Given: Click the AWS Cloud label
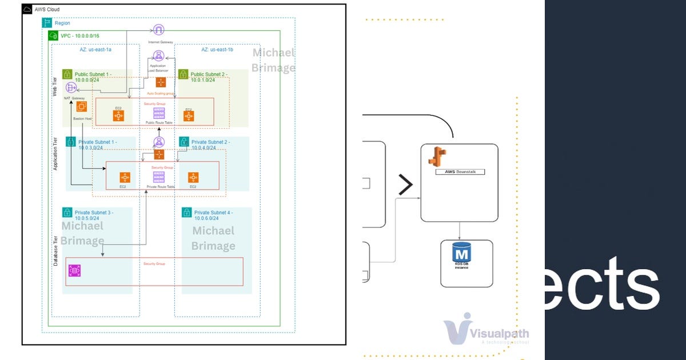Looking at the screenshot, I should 47,10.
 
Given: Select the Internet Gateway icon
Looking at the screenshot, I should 159,30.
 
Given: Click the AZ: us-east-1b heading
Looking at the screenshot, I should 217,50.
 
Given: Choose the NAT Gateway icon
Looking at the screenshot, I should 71,87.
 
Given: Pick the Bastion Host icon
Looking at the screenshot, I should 82,106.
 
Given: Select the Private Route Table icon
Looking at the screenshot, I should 159,178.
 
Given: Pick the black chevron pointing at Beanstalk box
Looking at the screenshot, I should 405,185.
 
